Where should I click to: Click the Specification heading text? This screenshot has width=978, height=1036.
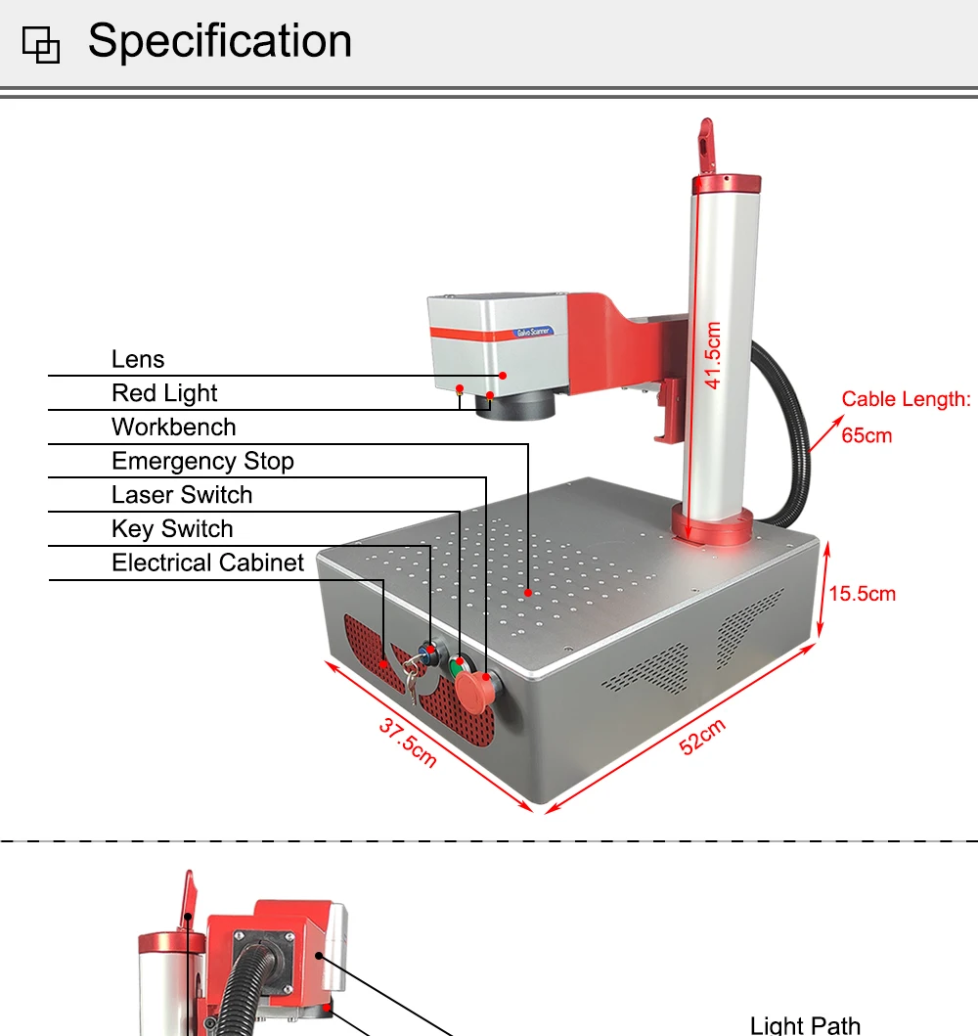pyautogui.click(x=219, y=42)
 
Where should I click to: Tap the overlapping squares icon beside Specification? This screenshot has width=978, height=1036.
pyautogui.click(x=41, y=44)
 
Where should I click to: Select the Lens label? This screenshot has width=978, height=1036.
pyautogui.click(x=138, y=359)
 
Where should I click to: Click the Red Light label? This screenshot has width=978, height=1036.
pyautogui.click(x=164, y=393)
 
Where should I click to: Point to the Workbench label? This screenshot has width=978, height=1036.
pyautogui.click(x=174, y=428)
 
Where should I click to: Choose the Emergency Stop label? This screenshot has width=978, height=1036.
pyautogui.click(x=202, y=461)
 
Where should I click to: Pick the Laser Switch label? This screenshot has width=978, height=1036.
pyautogui.click(x=182, y=495)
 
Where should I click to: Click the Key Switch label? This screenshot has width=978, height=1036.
pyautogui.click(x=172, y=529)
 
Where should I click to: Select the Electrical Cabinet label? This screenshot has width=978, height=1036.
pyautogui.click(x=208, y=563)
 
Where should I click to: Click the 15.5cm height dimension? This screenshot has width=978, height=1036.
pyautogui.click(x=863, y=594)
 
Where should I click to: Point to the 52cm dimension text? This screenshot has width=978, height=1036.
pyautogui.click(x=703, y=737)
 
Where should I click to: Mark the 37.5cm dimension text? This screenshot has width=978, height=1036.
pyautogui.click(x=407, y=742)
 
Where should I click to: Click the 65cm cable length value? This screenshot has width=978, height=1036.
pyautogui.click(x=867, y=435)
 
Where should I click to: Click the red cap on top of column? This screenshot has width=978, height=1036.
pyautogui.click(x=727, y=183)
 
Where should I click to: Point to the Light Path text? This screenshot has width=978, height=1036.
pyautogui.click(x=805, y=1024)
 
